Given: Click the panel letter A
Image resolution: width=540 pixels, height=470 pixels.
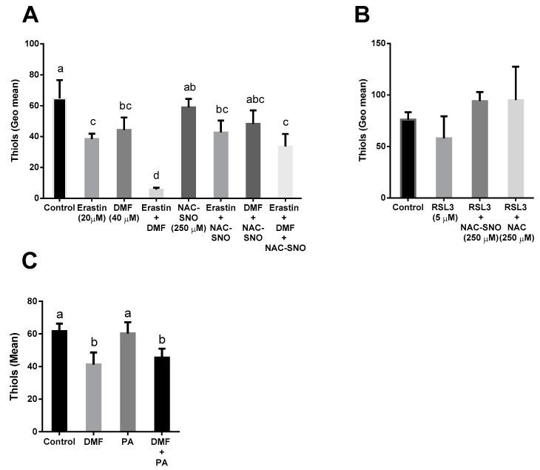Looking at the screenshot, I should tap(13, 13).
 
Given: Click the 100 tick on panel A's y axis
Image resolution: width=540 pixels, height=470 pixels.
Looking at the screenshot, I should tap(31, 44).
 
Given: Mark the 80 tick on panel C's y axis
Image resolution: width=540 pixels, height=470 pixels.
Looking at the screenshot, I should tap(34, 301).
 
